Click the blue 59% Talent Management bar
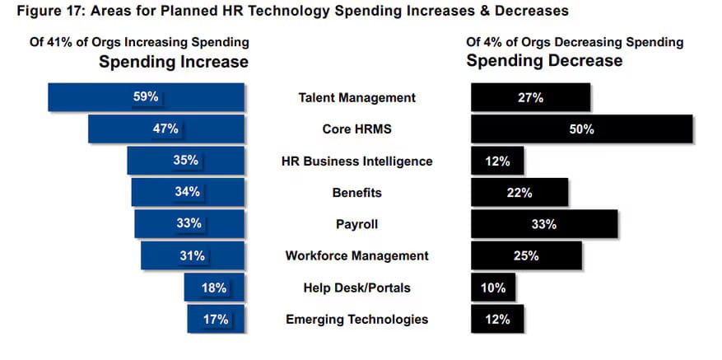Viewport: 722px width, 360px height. tap(147, 97)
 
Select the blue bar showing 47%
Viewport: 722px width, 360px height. tap(166, 129)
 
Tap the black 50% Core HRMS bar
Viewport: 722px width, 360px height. tap(581, 129)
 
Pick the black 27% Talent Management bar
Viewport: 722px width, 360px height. tap(530, 97)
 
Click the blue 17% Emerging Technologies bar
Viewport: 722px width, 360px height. tap(216, 319)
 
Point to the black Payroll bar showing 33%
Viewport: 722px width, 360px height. tap(543, 224)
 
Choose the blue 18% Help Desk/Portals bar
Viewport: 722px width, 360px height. tap(214, 288)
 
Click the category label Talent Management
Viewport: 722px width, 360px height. tap(356, 98)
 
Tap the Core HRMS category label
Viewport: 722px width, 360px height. tap(356, 129)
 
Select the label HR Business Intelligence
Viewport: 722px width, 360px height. tap(356, 161)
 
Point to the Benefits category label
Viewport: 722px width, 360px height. tap(356, 193)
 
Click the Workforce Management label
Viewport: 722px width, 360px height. tap(356, 256)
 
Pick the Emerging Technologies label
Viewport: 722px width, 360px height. tap(356, 320)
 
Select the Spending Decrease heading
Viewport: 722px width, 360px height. tap(544, 61)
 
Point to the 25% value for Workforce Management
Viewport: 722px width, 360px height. tap(525, 256)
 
